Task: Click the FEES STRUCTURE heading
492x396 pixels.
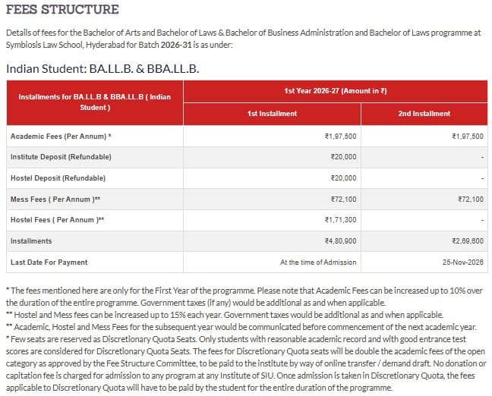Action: click(x=62, y=10)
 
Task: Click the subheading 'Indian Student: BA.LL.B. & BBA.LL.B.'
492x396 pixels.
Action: click(x=102, y=68)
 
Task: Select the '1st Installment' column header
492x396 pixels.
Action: click(x=272, y=114)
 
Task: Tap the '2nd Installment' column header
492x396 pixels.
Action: click(x=424, y=114)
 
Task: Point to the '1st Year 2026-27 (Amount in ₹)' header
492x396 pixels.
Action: click(x=336, y=91)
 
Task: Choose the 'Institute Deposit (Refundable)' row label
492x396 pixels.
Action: click(x=61, y=157)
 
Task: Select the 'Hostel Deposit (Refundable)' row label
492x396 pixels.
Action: click(x=58, y=178)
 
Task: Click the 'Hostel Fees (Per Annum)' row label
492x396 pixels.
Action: click(x=58, y=220)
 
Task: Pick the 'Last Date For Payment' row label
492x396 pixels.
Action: click(x=49, y=262)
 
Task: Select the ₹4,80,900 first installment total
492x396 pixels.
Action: click(x=340, y=241)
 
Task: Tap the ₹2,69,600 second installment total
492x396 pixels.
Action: click(x=467, y=241)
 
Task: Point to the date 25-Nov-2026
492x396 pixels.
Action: click(x=462, y=262)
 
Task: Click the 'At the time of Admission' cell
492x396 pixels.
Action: click(x=318, y=262)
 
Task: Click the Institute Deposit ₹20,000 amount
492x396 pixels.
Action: click(x=344, y=157)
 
